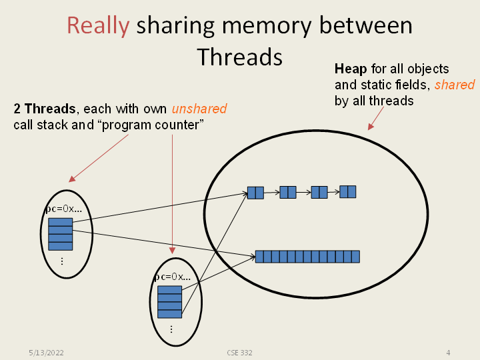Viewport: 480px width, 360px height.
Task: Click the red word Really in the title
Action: [98, 26]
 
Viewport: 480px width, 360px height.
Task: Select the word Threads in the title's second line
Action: [240, 57]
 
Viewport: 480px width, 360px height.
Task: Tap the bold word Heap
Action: [350, 69]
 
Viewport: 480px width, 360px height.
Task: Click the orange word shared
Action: [455, 85]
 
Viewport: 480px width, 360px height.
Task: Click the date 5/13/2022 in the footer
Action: [46, 352]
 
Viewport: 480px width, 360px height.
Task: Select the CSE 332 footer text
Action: [239, 352]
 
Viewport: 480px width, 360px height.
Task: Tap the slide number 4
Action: [448, 352]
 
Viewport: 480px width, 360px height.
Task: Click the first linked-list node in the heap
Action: [255, 193]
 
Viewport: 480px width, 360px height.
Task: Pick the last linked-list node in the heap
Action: [347, 192]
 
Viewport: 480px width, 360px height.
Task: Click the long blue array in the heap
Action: [307, 257]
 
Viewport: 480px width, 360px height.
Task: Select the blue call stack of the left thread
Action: [61, 234]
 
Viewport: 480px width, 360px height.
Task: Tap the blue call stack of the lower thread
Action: [169, 302]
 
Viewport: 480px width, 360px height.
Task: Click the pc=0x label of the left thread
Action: [63, 209]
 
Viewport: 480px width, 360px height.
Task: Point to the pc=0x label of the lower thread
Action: [172, 277]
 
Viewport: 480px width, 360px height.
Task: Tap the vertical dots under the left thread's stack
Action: [61, 261]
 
